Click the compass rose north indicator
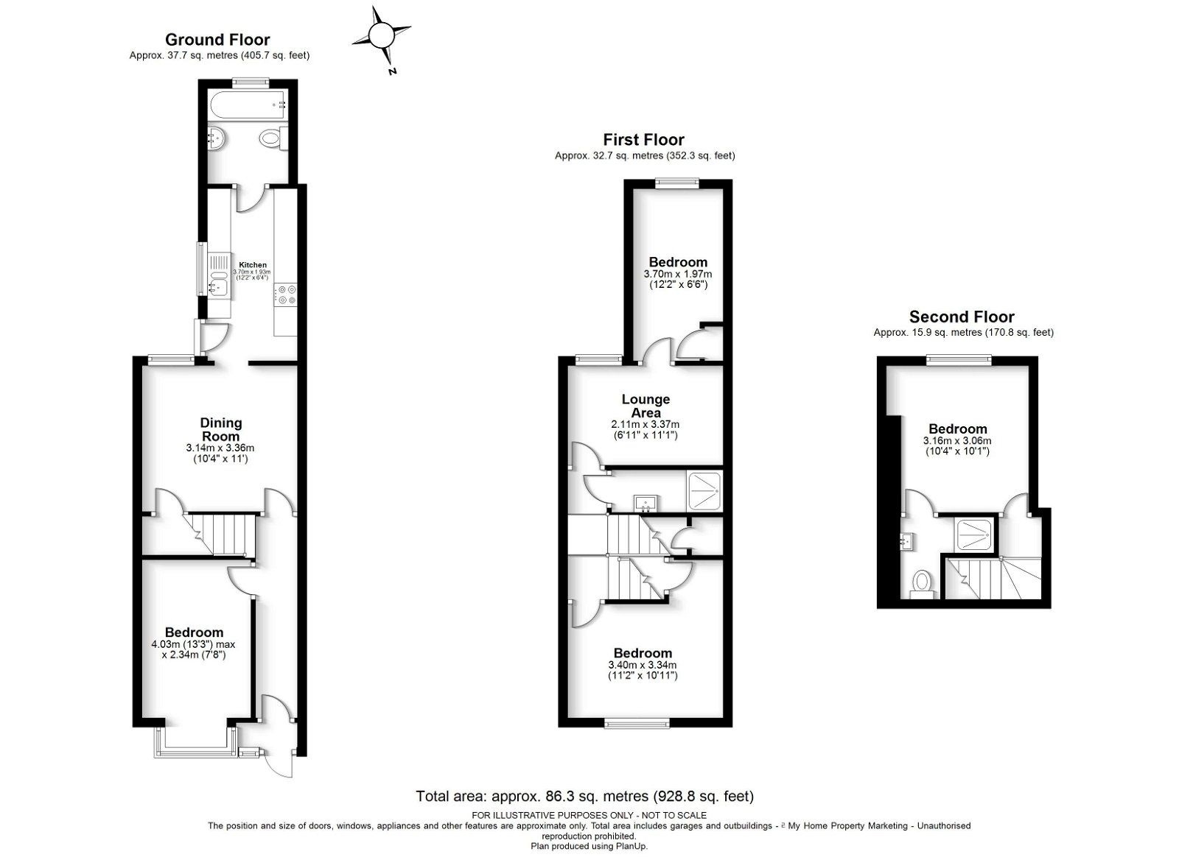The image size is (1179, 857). pos(382,35)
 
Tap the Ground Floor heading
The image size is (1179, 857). pos(217,40)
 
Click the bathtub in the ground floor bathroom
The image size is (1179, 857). pos(247,106)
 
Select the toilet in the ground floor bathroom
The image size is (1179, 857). pos(271,138)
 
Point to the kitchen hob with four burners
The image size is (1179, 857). pos(286,295)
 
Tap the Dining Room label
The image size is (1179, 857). pos(221,429)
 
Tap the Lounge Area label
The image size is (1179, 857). pos(646,406)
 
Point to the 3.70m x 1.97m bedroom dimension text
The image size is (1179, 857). pos(678,274)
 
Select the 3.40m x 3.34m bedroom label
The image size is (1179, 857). pos(643,653)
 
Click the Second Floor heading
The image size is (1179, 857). pos(962,317)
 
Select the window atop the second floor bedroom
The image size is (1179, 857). pos(958,360)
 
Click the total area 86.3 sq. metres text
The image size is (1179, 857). pos(584,796)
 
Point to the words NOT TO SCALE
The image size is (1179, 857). pos(672,815)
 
